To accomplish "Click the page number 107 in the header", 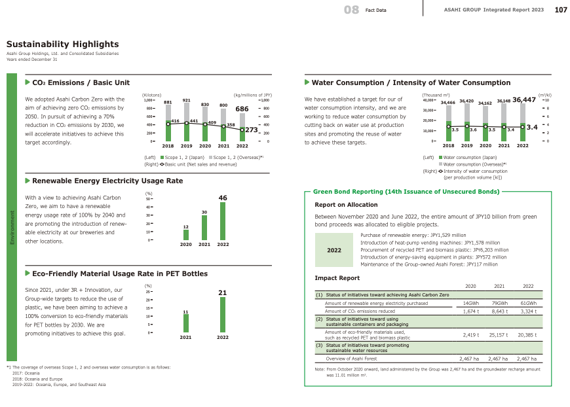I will click(561, 10).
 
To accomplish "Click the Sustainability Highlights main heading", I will click(62, 44).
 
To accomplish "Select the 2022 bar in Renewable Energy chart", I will click(223, 221).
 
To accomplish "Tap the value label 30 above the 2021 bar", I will click(204, 212).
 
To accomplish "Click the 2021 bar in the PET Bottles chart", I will click(186, 323).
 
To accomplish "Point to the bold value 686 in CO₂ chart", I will click(242, 109).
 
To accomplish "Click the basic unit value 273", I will click(255, 130).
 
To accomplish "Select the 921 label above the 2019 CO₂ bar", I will click(186, 100).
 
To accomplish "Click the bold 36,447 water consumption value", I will click(524, 99).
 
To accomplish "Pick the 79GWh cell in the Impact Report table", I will click(499, 304).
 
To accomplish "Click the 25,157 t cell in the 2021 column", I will click(499, 334).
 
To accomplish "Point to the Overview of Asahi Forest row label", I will click(350, 359).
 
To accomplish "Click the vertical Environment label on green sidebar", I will click(10, 228).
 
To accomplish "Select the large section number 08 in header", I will click(351, 10).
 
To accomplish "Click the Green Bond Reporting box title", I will click(406, 192).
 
